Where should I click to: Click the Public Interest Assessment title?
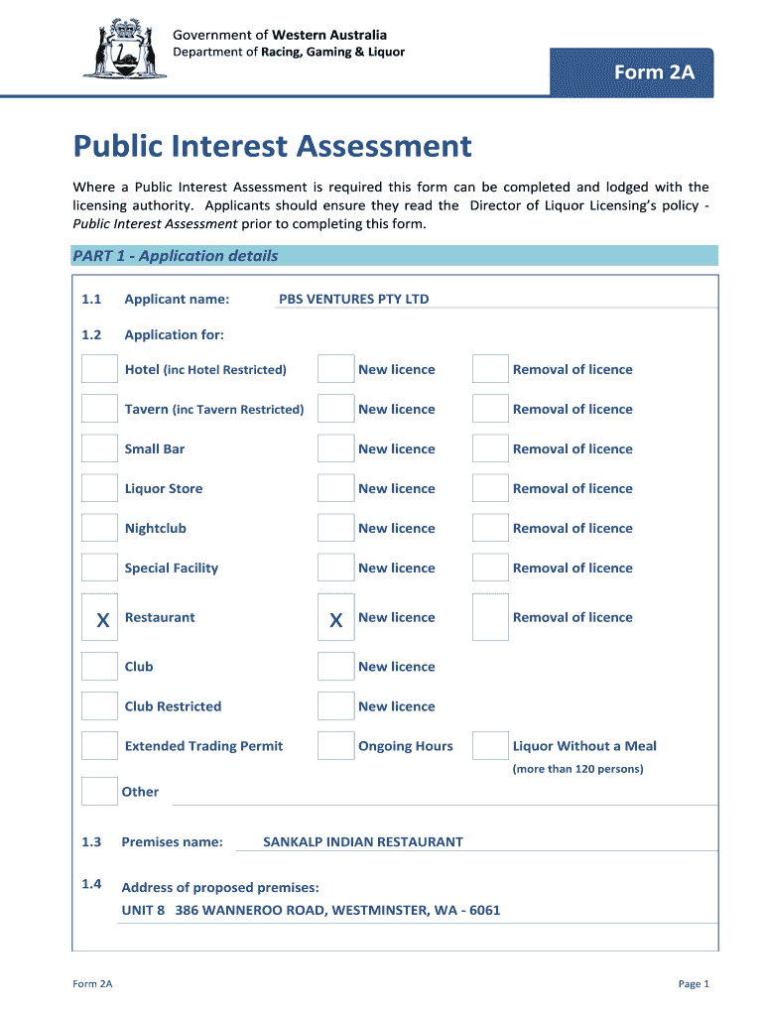272,147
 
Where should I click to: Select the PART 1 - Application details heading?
175,256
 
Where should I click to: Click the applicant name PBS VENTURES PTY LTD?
353,299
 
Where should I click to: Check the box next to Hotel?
99,369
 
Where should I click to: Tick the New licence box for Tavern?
335,409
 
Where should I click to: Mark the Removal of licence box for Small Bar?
490,448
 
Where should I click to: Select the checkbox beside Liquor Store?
99,488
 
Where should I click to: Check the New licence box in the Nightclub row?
335,528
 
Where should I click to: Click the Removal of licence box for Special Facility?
490,568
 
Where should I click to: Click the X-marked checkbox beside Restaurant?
99,618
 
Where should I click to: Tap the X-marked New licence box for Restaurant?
335,618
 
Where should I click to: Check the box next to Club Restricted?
99,706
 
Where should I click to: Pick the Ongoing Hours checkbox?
335,746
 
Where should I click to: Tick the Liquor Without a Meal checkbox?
490,746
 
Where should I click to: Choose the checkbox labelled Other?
99,791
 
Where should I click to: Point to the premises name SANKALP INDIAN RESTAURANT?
362,842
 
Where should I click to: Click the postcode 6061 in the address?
484,910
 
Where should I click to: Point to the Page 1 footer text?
694,984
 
